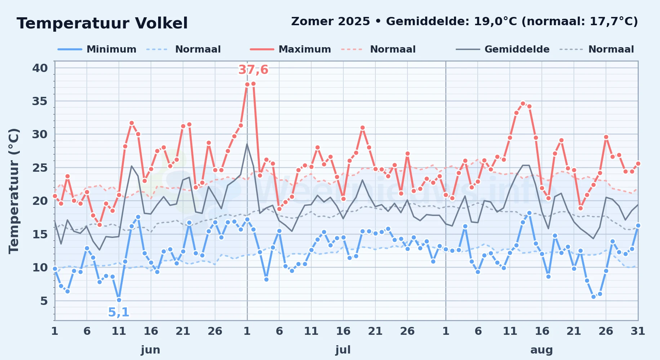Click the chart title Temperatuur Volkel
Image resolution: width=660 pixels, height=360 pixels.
point(102,23)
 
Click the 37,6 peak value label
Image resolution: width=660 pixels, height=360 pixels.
point(253,70)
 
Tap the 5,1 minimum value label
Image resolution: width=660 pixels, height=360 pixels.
point(119,312)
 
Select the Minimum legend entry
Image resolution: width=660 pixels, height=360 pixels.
point(97,49)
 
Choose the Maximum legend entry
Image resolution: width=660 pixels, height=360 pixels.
point(290,49)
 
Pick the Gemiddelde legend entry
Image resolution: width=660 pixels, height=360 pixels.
point(503,49)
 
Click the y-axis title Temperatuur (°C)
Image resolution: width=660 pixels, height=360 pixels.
point(14,191)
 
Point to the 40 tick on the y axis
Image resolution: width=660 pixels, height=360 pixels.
point(40,68)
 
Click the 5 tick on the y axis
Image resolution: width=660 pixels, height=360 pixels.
point(44,301)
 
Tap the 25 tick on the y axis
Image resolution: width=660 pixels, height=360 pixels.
point(40,168)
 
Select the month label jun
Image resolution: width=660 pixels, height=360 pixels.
point(151,350)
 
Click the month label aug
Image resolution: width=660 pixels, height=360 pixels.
point(541,350)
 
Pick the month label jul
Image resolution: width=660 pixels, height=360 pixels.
point(343,350)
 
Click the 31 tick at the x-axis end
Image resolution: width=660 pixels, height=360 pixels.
point(638,331)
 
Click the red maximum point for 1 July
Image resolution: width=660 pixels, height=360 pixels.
point(247,85)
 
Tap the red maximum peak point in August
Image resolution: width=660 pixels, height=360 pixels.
point(523,103)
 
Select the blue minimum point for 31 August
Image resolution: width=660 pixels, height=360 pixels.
point(638,225)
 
